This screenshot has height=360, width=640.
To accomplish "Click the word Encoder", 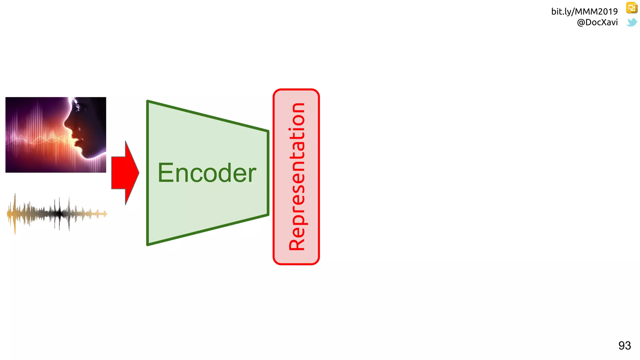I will (207, 173).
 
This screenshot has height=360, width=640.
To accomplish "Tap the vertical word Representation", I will (297, 177).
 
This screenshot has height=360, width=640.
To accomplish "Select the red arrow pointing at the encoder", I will (124, 173).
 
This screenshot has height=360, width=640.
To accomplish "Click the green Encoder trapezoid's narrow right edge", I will (268, 173).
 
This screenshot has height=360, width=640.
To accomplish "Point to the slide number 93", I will (624, 346).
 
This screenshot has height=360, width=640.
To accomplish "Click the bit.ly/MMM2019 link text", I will (584, 12).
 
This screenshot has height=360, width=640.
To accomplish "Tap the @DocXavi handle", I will (597, 22).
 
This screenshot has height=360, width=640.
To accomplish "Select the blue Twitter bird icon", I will (632, 22).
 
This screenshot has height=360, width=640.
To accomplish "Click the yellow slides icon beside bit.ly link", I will (632, 8).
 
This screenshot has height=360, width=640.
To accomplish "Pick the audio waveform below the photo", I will (57, 214).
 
